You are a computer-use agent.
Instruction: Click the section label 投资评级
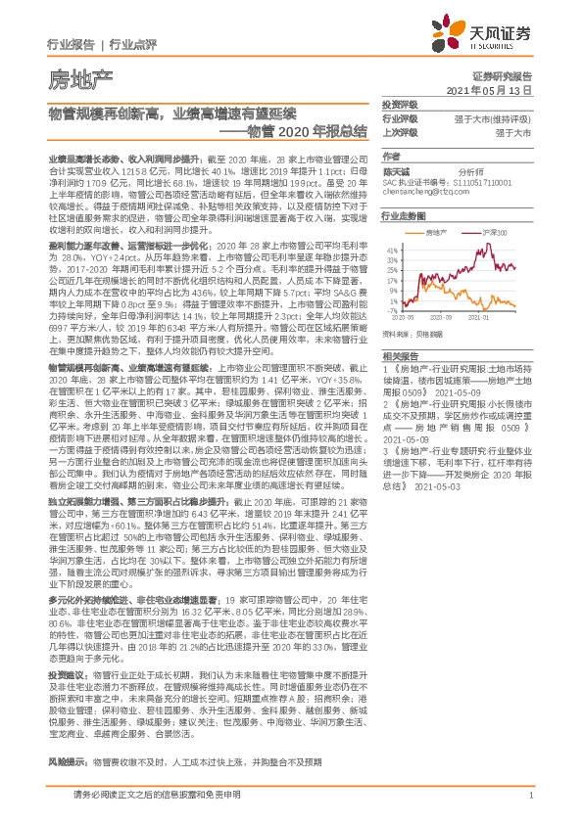coord(400,104)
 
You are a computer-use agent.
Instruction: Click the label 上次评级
coord(400,131)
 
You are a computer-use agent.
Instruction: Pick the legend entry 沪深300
coord(496,233)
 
